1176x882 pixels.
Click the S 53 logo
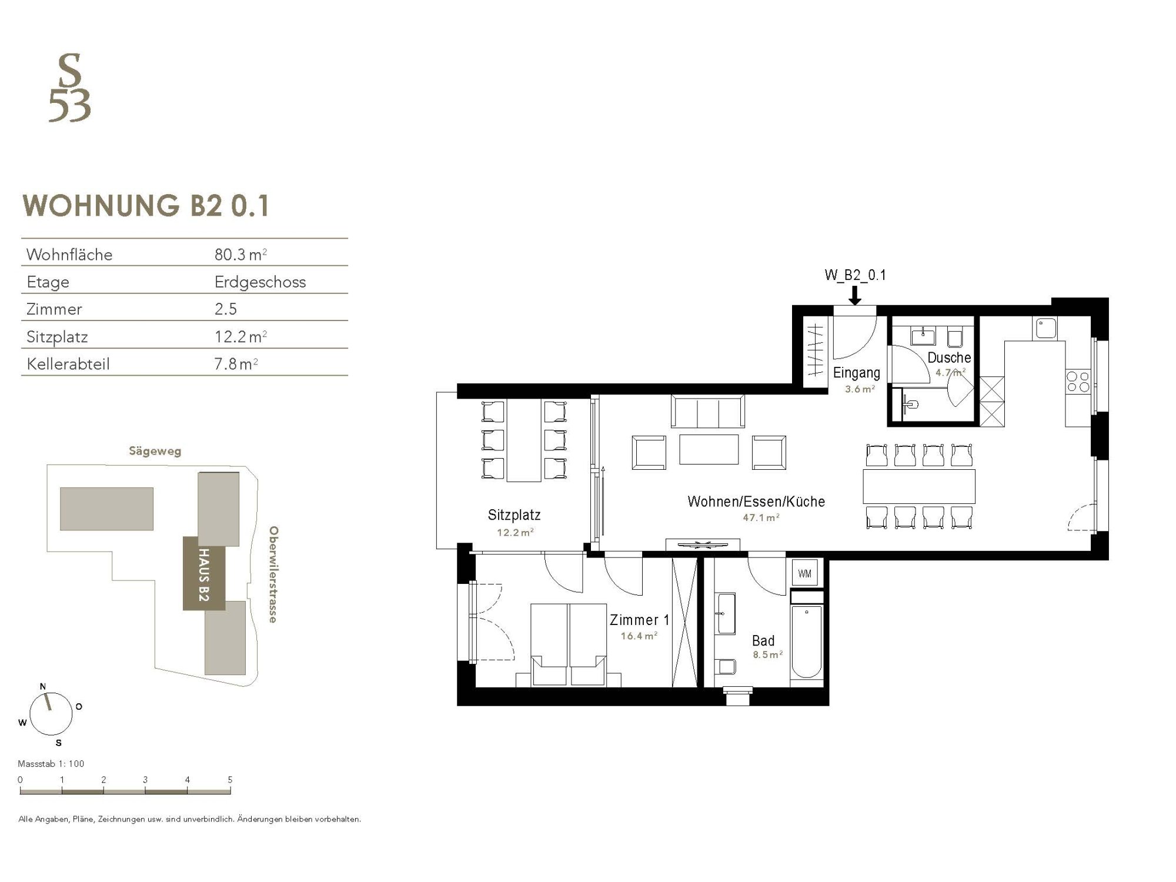[69, 88]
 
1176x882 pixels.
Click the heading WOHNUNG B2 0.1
[146, 206]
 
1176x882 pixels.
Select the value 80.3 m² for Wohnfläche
[240, 255]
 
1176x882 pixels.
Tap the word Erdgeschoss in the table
[260, 282]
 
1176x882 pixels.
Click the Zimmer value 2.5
[226, 309]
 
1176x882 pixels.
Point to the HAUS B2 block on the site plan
[204, 573]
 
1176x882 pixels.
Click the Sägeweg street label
[155, 452]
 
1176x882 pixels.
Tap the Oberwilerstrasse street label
[273, 574]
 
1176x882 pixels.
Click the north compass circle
[51, 713]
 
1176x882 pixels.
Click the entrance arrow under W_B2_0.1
[855, 294]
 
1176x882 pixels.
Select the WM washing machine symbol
[805, 573]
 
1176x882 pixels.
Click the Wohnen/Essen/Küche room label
[756, 502]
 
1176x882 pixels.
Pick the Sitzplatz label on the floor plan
[514, 515]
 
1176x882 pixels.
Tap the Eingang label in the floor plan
[857, 373]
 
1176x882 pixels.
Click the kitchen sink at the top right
[1047, 328]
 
